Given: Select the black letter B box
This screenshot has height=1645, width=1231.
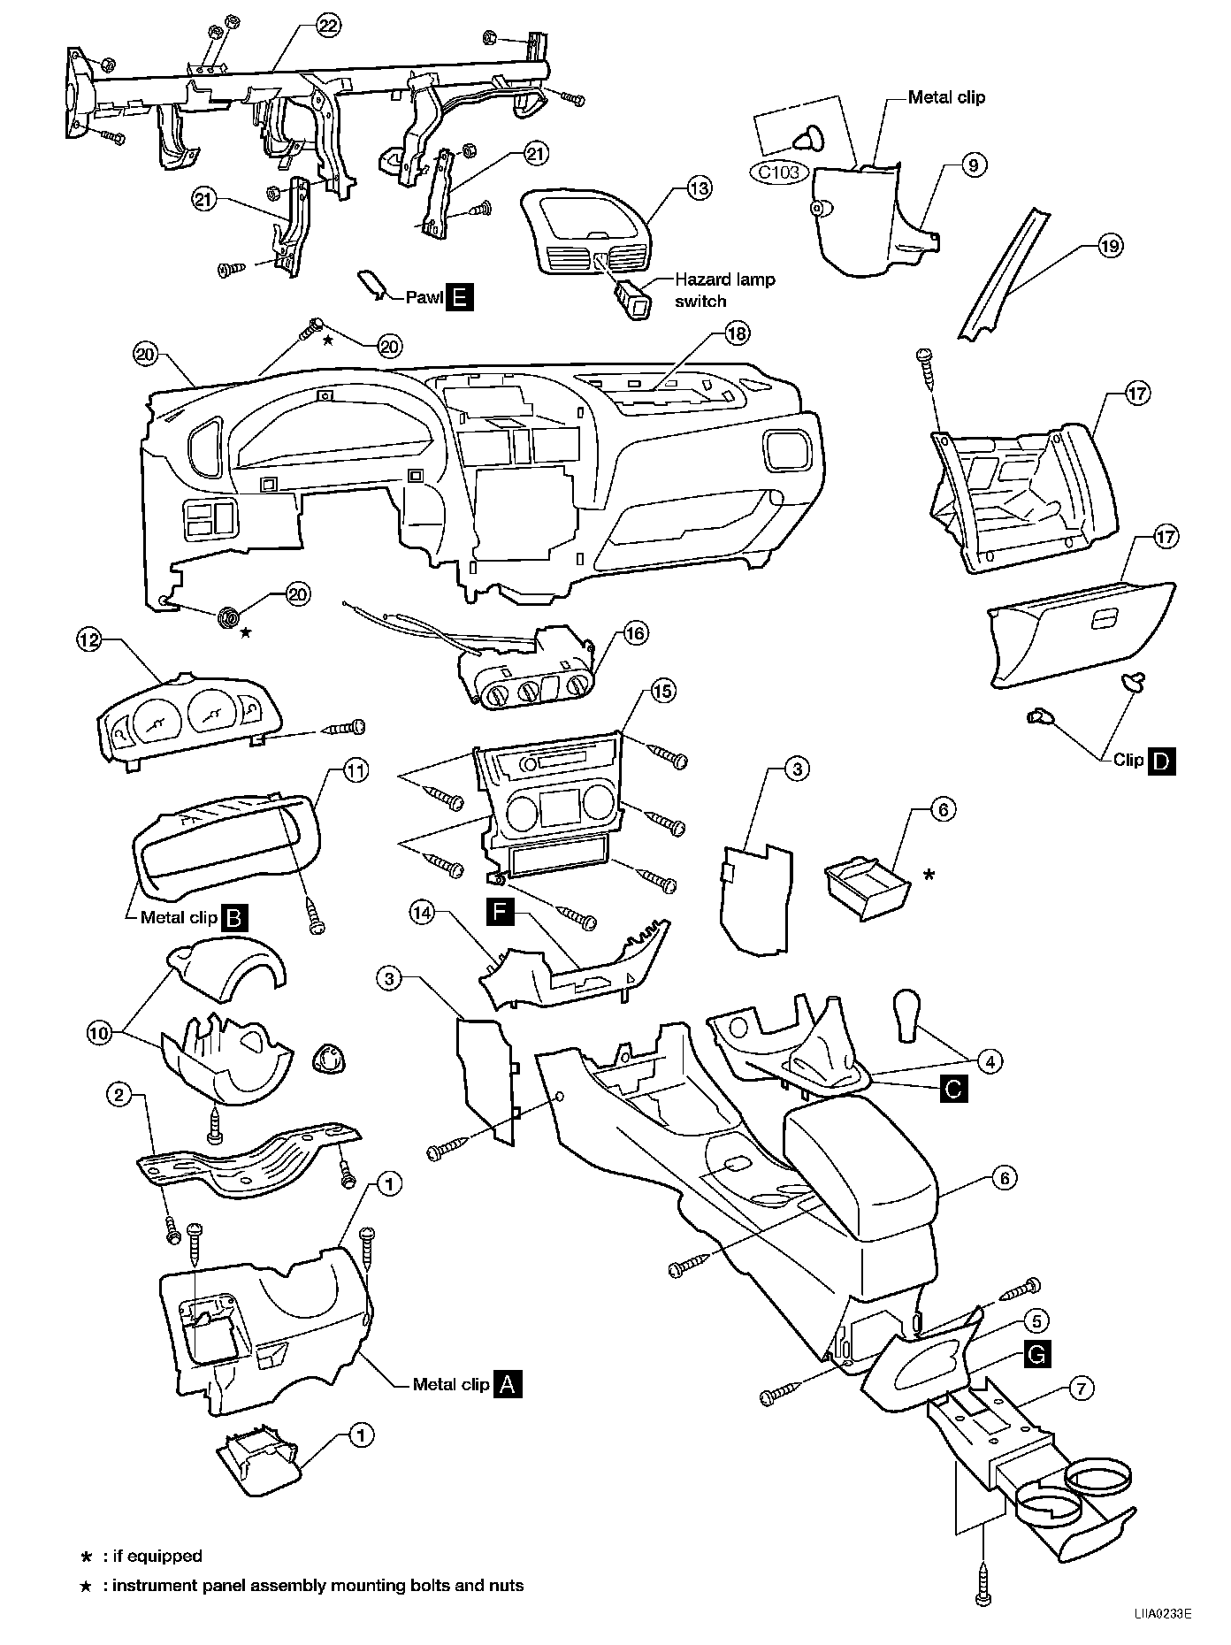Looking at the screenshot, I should pos(234,917).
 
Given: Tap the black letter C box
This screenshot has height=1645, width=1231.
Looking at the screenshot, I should pos(953,1089).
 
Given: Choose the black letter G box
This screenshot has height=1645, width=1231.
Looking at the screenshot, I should pos(1037,1354).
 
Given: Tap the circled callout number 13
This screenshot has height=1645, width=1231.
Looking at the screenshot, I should pos(699,188).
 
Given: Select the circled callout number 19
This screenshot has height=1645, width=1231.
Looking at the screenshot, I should pos(1110,246).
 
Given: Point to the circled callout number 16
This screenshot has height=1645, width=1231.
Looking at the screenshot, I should pos(635,633).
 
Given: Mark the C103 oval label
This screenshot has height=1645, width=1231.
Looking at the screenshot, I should pos(779,172).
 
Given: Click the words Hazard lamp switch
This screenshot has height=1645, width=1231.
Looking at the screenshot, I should pos(724,289).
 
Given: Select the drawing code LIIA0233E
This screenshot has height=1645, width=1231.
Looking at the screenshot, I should pos(1161,1611).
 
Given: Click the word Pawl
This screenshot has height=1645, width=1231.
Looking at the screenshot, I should pos(423,298).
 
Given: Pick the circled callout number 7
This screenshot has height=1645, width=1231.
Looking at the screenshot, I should pos(1081,1389).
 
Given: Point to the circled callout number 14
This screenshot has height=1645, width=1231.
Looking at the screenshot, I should pos(422,914).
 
